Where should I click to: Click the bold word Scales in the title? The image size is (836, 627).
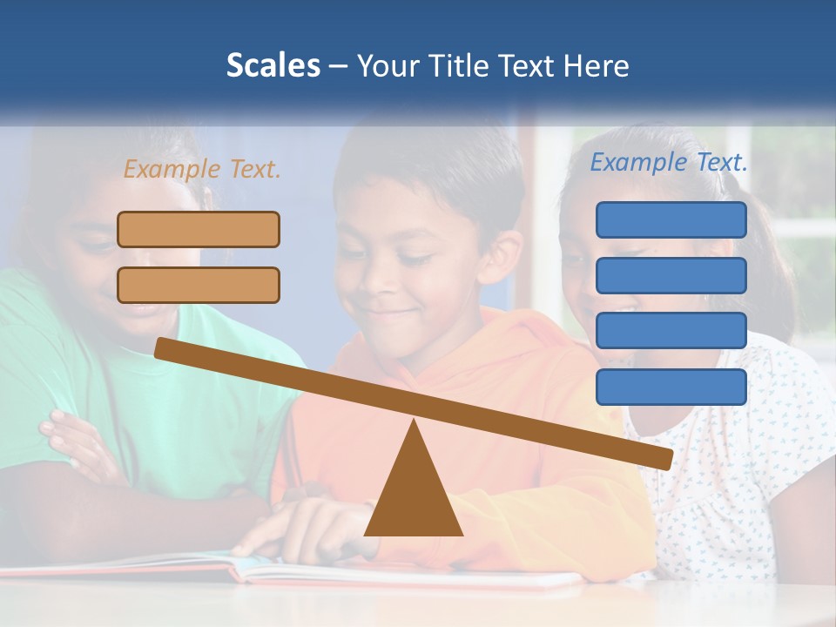pos(273,65)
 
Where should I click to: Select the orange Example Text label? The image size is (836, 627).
pos(202,169)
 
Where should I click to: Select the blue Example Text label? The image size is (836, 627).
pos(669,162)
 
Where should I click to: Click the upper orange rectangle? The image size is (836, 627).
pos(199,229)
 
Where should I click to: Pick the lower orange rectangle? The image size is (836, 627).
pos(199,285)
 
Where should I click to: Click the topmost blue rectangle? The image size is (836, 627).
pos(671,219)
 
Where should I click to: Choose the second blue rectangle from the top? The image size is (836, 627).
pos(671,275)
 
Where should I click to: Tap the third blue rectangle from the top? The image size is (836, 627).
pos(671,331)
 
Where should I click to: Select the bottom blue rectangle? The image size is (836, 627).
pos(671,387)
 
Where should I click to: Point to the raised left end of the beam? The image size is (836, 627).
pos(162,347)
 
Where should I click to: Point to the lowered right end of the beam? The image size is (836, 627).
pos(665,458)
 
